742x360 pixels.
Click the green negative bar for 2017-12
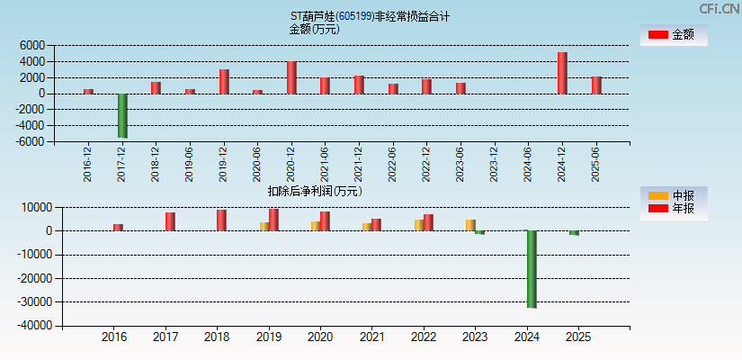(122, 115)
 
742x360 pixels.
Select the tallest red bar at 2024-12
(562, 73)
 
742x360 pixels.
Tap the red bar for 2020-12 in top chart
(291, 77)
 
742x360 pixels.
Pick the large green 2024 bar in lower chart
(532, 269)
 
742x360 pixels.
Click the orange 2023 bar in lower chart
(470, 225)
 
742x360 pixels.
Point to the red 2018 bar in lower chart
(221, 220)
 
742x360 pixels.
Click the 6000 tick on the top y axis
(31, 45)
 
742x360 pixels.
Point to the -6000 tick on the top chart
(30, 141)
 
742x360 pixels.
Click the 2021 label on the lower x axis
(371, 337)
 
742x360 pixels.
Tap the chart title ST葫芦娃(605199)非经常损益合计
(370, 16)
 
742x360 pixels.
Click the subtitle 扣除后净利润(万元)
(315, 191)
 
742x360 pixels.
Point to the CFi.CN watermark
(719, 8)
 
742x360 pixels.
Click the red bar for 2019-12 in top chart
(224, 81)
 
